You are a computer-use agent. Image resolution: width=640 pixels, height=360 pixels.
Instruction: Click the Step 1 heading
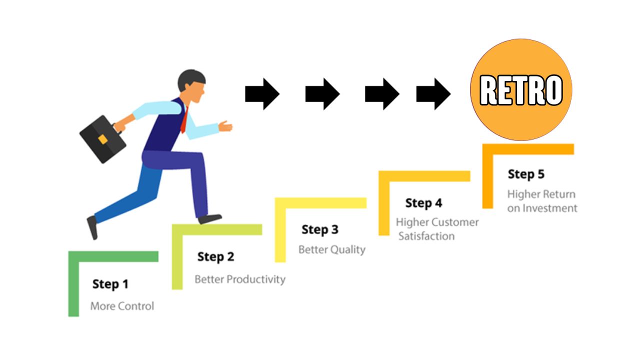[110, 284]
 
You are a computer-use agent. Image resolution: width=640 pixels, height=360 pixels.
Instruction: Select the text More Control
[122, 306]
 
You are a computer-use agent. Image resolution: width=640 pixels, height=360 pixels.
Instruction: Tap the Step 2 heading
[215, 257]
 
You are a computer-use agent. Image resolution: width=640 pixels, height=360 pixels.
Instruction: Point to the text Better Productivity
[240, 279]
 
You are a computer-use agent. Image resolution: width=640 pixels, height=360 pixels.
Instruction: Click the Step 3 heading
[320, 230]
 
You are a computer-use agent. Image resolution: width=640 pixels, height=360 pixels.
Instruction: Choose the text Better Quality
[332, 249]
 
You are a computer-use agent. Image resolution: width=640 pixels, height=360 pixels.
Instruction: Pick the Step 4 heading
[423, 203]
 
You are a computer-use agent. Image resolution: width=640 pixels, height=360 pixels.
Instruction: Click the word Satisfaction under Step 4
[426, 236]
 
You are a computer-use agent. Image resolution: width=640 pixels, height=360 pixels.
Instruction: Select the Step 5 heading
[526, 174]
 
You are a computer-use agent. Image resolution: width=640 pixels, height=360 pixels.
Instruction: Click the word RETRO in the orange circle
[521, 91]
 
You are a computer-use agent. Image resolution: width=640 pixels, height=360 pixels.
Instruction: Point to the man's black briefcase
[102, 139]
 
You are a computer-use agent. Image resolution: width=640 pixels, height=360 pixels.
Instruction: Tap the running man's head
[192, 86]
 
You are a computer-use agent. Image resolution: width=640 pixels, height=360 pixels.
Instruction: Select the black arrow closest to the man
[262, 93]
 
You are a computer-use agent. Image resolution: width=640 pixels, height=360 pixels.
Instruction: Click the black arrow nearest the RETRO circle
[433, 93]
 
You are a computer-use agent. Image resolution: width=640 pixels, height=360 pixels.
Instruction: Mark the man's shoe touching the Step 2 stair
[210, 218]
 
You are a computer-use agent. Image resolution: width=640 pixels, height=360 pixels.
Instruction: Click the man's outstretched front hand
[225, 126]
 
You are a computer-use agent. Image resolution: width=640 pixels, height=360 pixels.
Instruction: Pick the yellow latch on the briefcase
[102, 139]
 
